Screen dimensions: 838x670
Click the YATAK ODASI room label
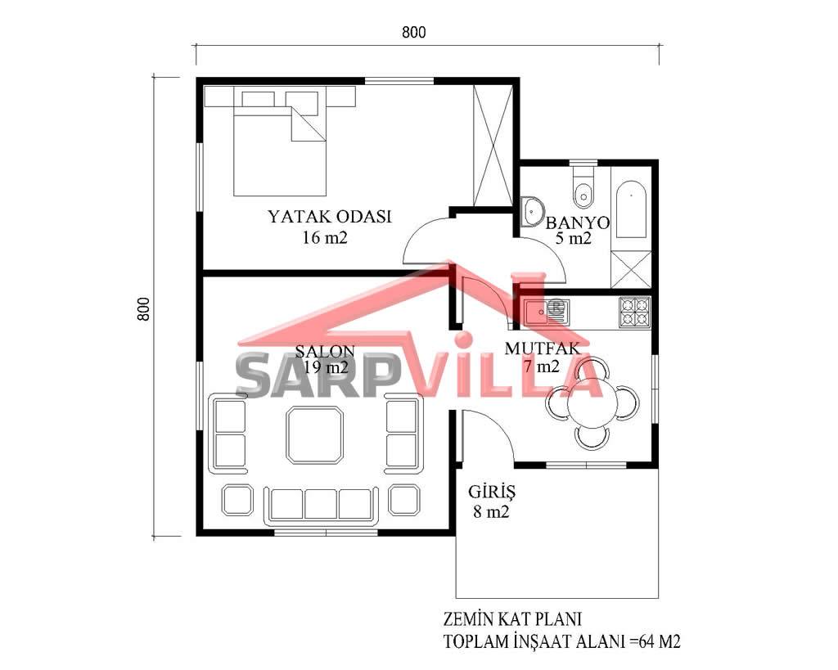coord(329,217)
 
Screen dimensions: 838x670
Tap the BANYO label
coord(577,223)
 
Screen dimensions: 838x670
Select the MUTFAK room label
coord(543,348)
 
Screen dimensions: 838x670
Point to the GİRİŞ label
coord(492,492)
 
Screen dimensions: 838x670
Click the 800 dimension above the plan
coord(413,33)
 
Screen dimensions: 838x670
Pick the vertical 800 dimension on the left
coord(143,308)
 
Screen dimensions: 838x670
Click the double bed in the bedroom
coord(280,141)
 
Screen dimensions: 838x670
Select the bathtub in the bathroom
coord(631,209)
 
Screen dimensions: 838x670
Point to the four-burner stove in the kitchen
coord(634,312)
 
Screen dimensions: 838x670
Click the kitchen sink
coord(547,312)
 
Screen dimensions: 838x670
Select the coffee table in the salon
coord(314,435)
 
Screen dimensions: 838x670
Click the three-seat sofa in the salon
coord(321,505)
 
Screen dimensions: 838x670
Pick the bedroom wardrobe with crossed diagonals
coord(493,146)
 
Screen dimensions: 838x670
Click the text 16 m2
coord(325,237)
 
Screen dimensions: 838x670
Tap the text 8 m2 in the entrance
coord(491,512)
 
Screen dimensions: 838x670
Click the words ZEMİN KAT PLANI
coord(512,618)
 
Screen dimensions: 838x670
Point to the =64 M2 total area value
coord(655,641)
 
